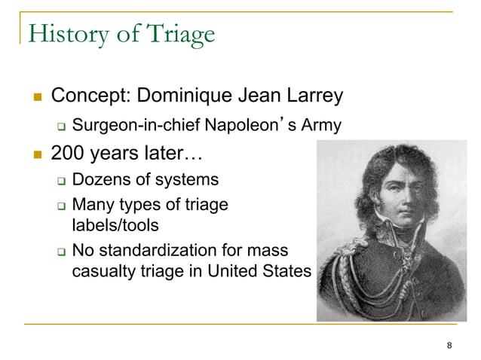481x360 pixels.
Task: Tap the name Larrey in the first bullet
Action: pos(311,96)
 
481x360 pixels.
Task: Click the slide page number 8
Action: pos(449,346)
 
